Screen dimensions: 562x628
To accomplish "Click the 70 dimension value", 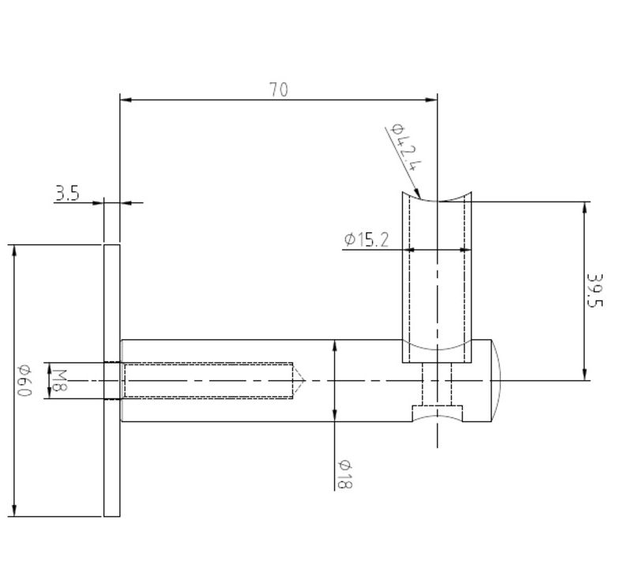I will tap(278, 89).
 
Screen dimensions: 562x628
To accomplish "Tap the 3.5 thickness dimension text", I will tap(66, 193).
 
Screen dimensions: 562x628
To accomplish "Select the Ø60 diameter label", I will tap(24, 380).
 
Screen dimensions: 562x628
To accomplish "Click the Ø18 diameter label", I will tap(344, 473).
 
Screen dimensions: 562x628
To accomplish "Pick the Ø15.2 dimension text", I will tap(367, 240).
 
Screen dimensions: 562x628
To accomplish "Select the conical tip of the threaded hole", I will tap(299, 380).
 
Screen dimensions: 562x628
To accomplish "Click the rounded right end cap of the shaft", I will tap(494, 380).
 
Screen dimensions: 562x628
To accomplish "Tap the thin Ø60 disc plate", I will tap(111, 380).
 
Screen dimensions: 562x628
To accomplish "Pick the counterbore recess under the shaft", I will tap(438, 413).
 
